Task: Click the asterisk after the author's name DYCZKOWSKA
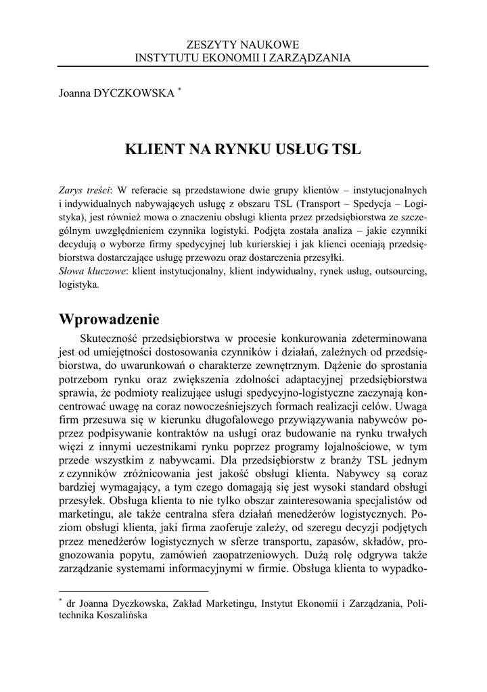click(x=179, y=89)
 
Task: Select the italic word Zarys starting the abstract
click(x=72, y=189)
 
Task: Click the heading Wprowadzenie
click(x=109, y=318)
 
